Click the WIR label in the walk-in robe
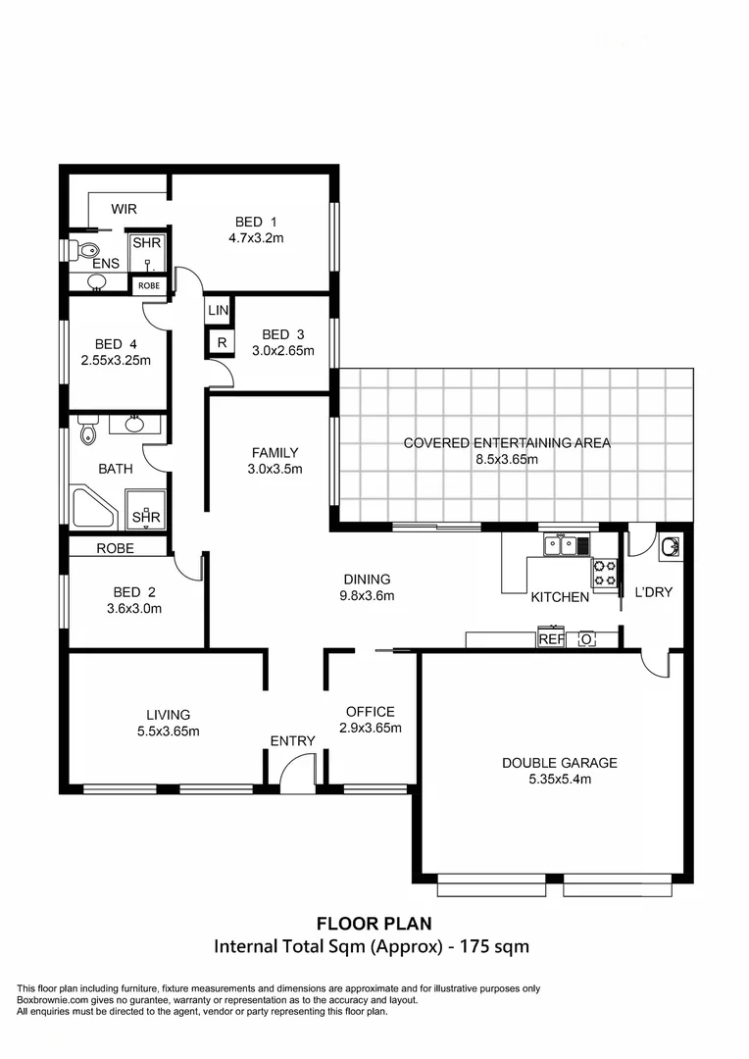click(124, 209)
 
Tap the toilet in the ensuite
click(84, 250)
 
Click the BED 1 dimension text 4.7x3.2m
click(257, 237)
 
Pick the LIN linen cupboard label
click(219, 310)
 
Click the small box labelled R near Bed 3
click(221, 343)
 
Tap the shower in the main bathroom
click(146, 511)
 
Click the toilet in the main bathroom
click(88, 431)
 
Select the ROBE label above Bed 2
click(116, 549)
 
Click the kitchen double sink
click(560, 544)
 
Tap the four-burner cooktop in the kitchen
click(604, 573)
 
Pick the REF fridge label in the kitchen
click(551, 639)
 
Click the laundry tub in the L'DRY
click(671, 546)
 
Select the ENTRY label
click(292, 740)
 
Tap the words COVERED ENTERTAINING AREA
click(507, 442)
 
